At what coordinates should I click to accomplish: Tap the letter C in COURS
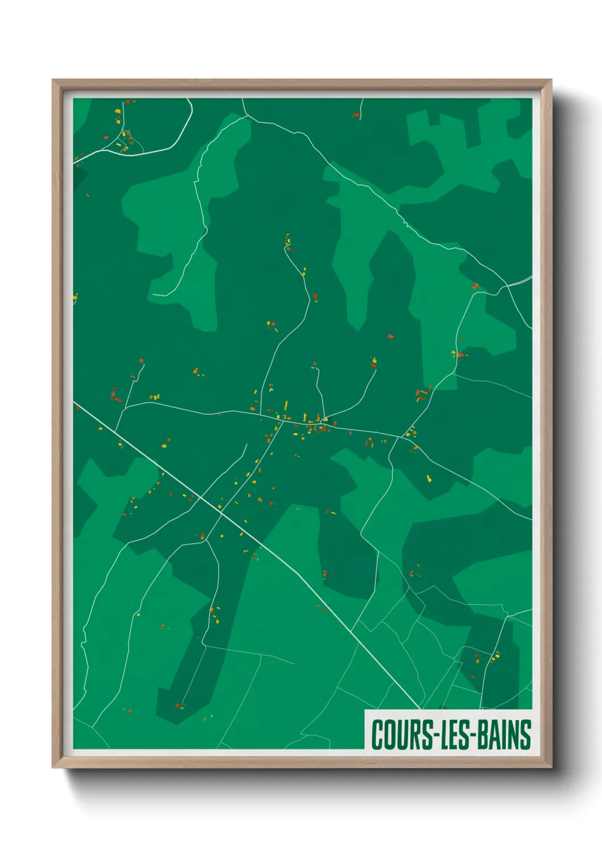pos(377,735)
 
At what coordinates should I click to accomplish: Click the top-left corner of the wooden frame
pos(53,81)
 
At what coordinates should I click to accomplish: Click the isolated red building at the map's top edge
pos(357,115)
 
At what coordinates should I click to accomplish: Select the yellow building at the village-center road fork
pos(324,420)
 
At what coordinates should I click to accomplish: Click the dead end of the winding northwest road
pos(154,295)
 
